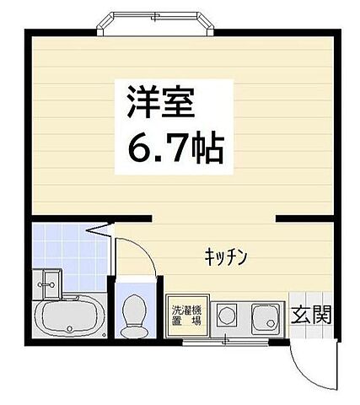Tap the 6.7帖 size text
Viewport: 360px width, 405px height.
click(x=175, y=150)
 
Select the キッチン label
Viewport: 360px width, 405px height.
click(x=223, y=257)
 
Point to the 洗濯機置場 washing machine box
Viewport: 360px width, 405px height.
click(x=186, y=316)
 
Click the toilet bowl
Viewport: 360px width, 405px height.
click(x=133, y=318)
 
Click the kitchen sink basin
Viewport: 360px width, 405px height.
click(x=266, y=318)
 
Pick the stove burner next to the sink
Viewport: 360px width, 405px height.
click(x=227, y=317)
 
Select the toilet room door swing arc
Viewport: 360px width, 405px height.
click(x=135, y=253)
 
